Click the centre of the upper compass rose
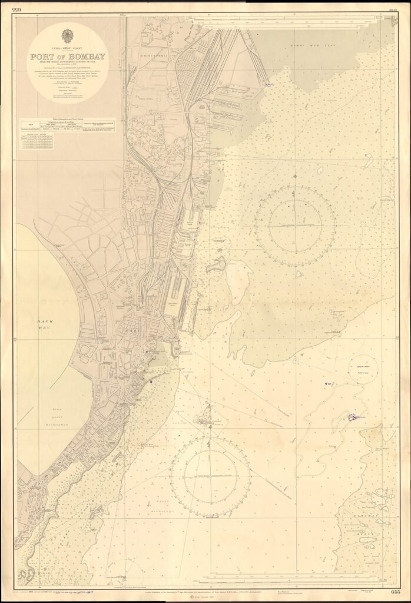[x=296, y=226]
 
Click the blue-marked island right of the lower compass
[x=352, y=417]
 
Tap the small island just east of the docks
[x=216, y=264]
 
